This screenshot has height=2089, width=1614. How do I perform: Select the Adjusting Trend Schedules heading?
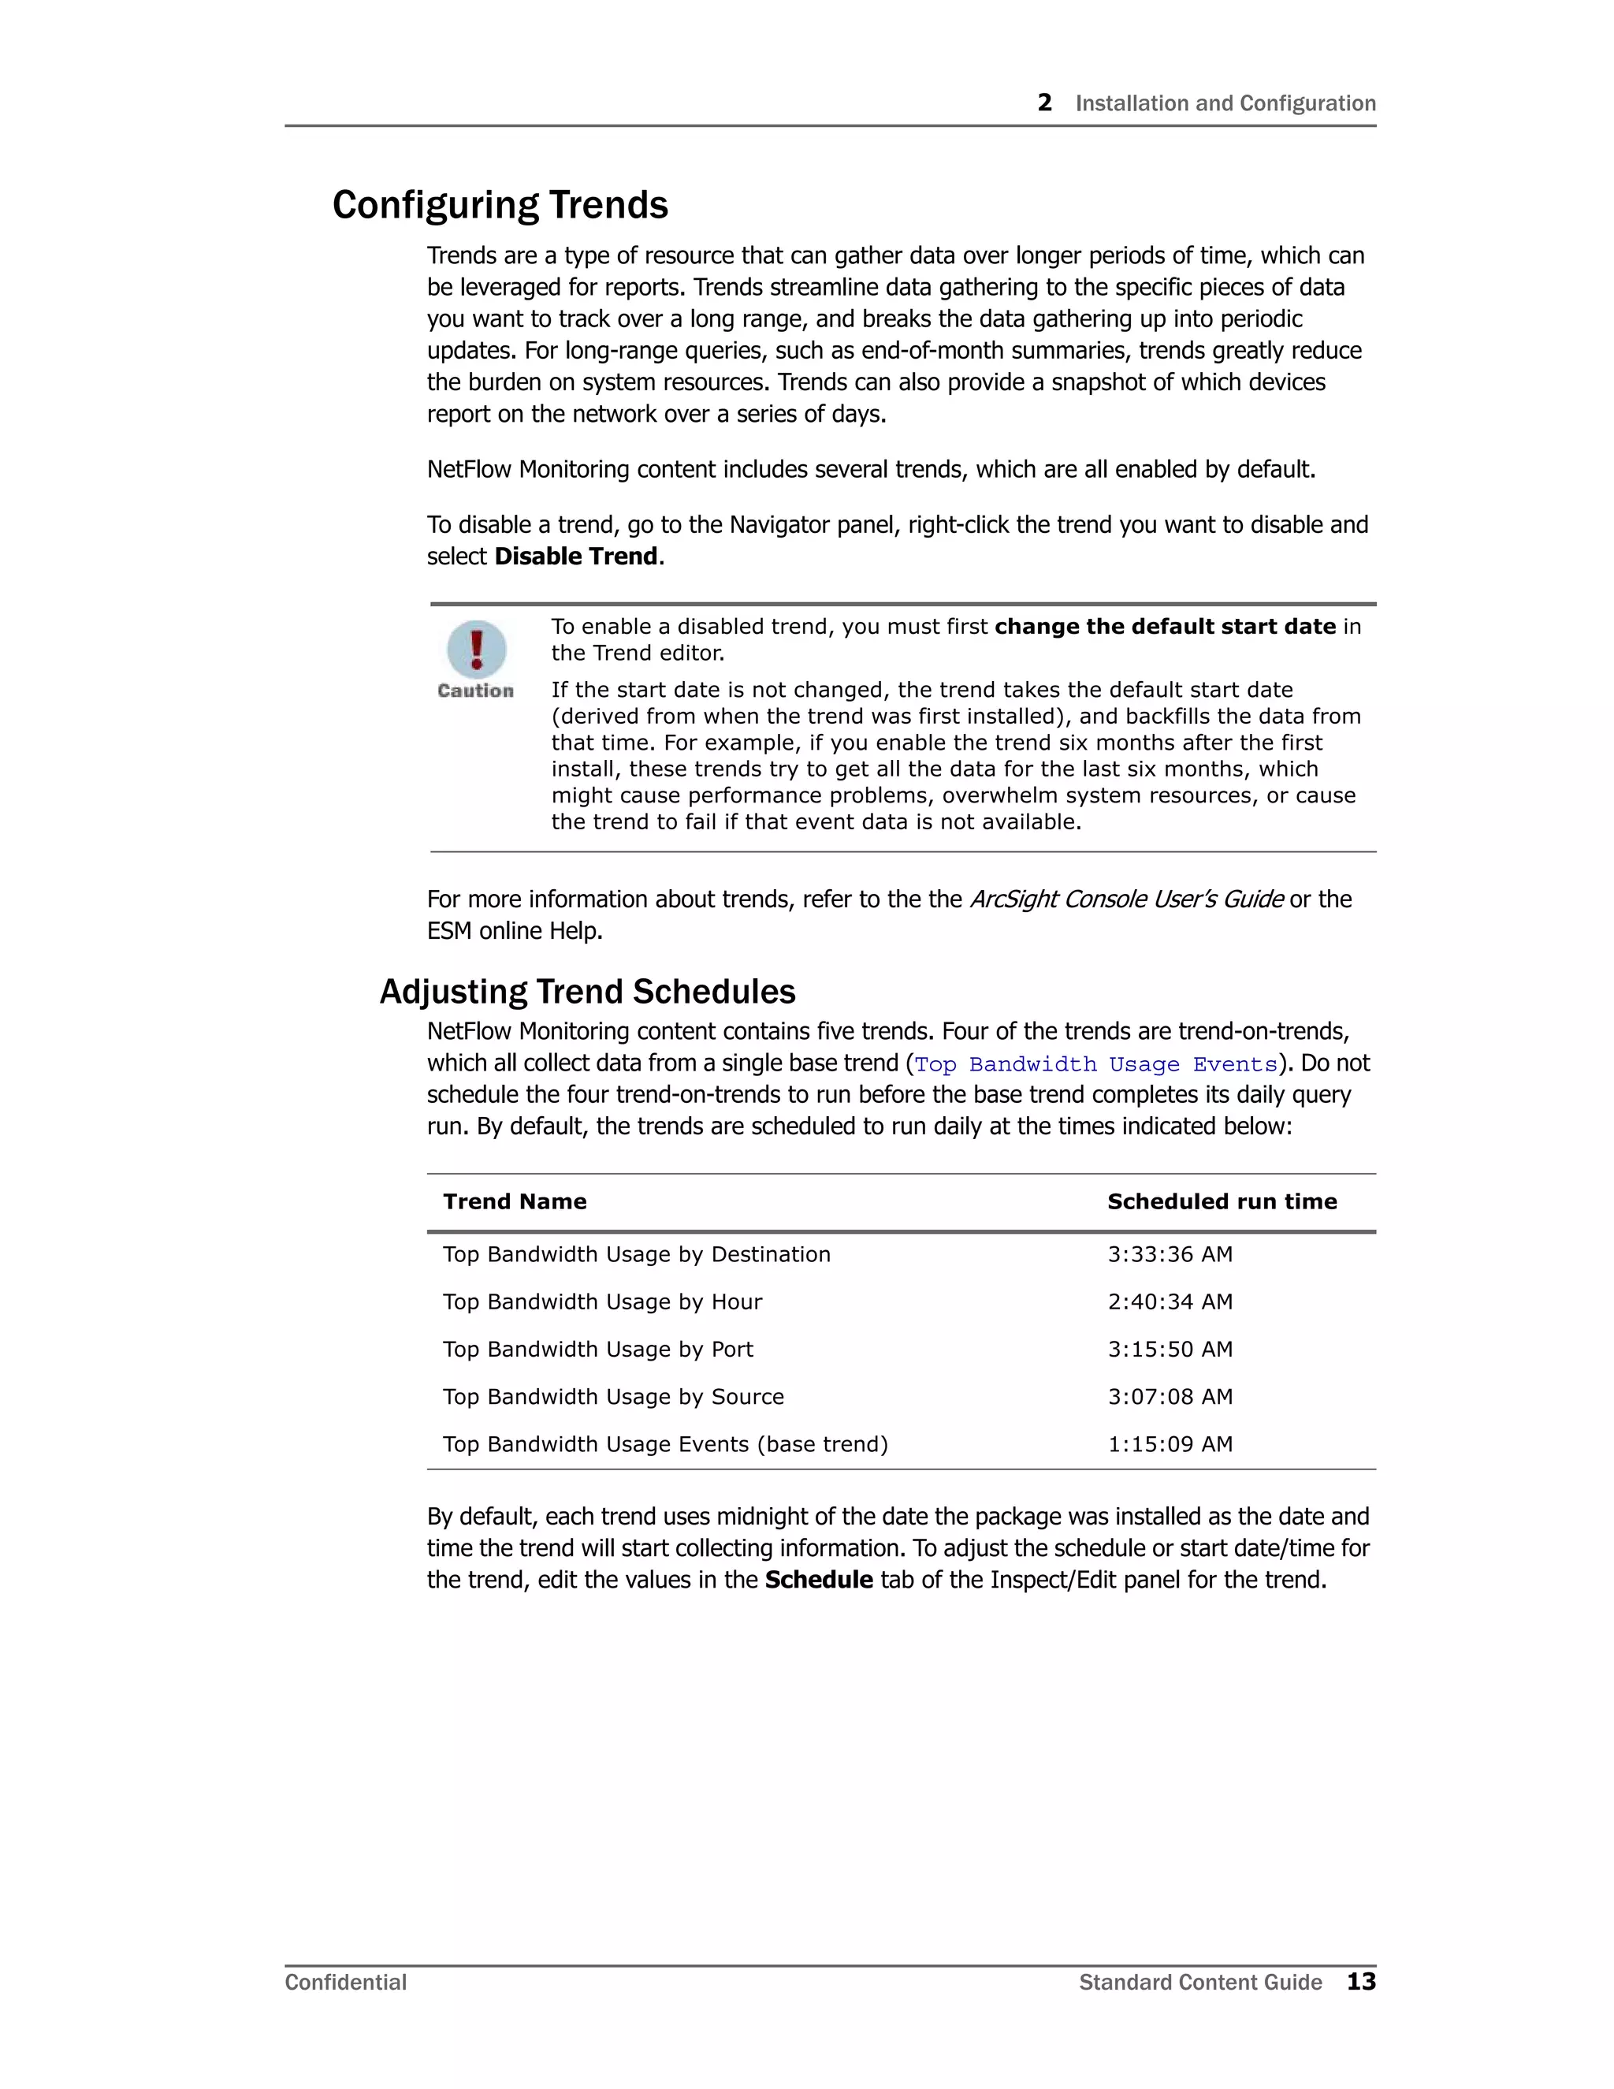click(587, 992)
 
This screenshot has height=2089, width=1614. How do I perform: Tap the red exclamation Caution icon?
click(476, 650)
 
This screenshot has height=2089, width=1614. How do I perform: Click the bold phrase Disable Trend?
click(575, 557)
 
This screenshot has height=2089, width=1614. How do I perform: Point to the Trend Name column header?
click(515, 1202)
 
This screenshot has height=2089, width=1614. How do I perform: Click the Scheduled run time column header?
click(1221, 1202)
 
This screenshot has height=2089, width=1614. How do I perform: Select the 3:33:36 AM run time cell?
click(1170, 1255)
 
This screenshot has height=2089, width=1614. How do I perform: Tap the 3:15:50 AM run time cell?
click(1170, 1350)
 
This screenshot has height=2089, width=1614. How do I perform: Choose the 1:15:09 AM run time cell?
click(1170, 1444)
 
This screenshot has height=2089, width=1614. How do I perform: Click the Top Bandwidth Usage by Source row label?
click(613, 1398)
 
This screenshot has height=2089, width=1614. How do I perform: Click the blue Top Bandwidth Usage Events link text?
click(1095, 1064)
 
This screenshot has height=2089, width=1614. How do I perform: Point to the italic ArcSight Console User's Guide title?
click(1125, 900)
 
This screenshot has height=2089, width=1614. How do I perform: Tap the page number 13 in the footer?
click(1360, 1982)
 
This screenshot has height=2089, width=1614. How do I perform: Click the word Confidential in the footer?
click(345, 1983)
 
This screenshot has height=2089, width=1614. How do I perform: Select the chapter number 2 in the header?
click(1044, 103)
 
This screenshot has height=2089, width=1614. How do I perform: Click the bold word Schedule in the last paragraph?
click(819, 1580)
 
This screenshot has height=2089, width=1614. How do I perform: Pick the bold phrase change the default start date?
click(1165, 627)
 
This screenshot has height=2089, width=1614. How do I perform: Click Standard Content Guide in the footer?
click(1200, 1983)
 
